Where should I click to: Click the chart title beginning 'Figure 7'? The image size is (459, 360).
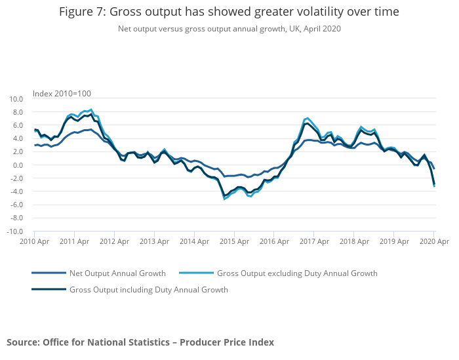coord(229,12)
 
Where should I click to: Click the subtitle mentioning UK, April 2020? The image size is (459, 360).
coord(229,29)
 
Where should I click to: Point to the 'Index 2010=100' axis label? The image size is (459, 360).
coord(62,93)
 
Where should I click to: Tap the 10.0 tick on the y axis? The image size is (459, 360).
coord(16,99)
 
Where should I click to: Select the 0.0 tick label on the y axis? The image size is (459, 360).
coord(18,165)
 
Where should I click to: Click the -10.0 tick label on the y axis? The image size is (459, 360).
coord(14,231)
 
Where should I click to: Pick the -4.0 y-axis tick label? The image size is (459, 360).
coord(16,191)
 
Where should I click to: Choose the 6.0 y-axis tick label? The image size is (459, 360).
coord(18,125)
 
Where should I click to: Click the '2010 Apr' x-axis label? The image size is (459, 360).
coord(34,242)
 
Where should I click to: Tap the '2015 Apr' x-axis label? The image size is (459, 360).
coord(234,242)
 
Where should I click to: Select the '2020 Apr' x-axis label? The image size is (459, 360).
coord(433,242)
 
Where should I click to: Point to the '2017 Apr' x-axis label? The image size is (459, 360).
coord(314,242)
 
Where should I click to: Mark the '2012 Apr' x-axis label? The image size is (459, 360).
coord(114,242)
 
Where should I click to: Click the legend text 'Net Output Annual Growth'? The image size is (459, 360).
coord(117,273)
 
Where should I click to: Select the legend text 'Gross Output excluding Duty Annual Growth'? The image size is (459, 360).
coord(297,273)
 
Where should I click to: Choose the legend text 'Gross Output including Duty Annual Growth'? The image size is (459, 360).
coord(148,289)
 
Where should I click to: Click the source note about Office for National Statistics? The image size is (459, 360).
coord(140,342)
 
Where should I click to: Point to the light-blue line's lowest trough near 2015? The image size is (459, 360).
coord(225,198)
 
